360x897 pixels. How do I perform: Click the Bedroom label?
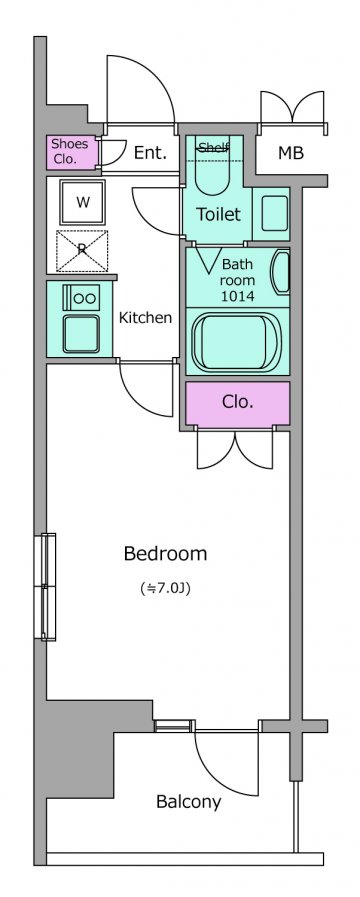click(x=165, y=554)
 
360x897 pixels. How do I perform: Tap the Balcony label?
click(x=188, y=802)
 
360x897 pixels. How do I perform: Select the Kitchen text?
click(x=145, y=318)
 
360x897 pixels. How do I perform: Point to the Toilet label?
click(x=219, y=215)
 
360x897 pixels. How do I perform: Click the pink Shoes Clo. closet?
click(x=72, y=152)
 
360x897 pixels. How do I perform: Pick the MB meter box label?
click(x=291, y=153)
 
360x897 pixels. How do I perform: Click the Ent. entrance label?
click(x=150, y=153)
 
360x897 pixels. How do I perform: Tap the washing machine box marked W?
click(x=82, y=202)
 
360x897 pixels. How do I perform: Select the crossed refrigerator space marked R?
click(x=82, y=251)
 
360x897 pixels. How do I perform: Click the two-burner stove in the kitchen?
click(x=82, y=297)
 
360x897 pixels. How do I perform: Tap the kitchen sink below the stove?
click(x=81, y=334)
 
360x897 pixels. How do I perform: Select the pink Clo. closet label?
click(x=238, y=402)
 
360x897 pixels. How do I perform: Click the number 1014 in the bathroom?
click(x=238, y=296)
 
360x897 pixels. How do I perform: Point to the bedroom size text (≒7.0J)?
click(x=165, y=588)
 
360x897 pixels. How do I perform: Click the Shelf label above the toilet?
click(x=212, y=148)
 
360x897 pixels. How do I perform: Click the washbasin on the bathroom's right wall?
click(x=281, y=272)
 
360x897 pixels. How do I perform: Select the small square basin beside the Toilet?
click(x=274, y=213)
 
